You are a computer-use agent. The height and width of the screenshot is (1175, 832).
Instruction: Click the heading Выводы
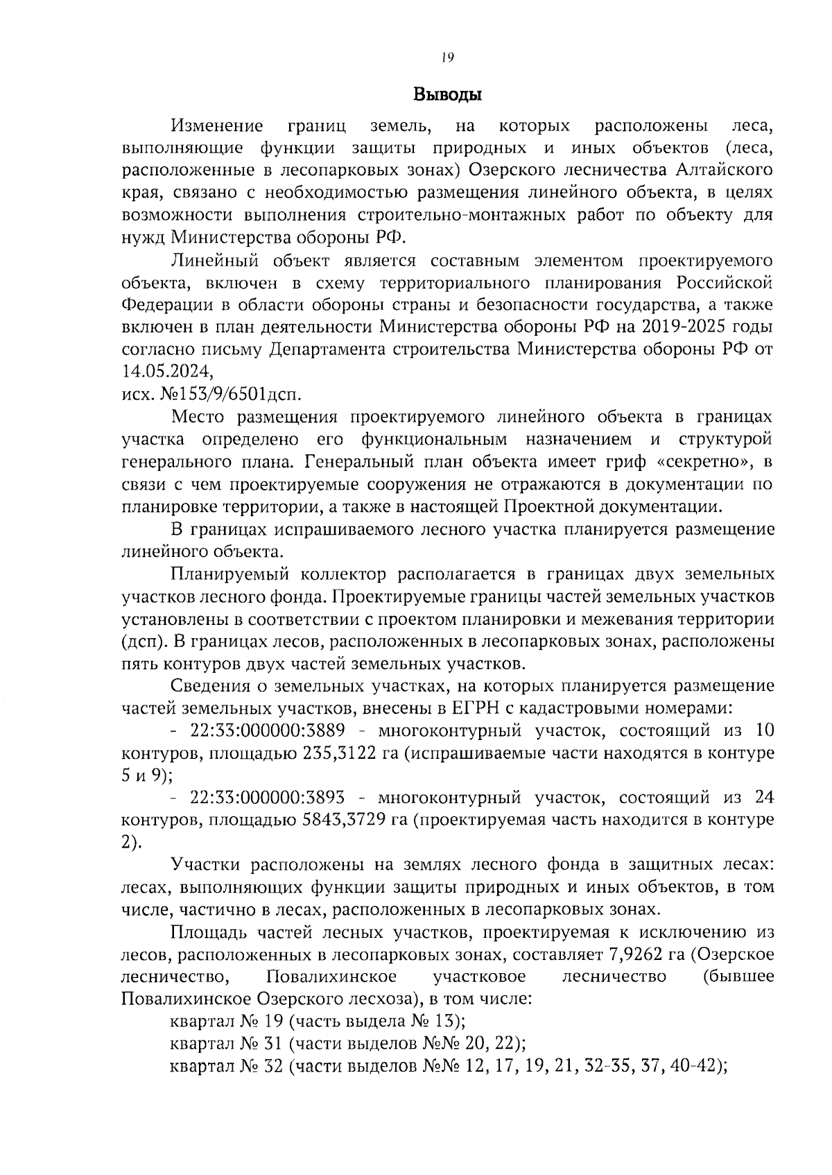447,94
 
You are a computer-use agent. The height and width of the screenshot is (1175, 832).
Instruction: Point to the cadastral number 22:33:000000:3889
270,730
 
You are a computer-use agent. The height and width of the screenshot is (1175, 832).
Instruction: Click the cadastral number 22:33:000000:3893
270,798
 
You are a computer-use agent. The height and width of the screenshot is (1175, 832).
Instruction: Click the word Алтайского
725,170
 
